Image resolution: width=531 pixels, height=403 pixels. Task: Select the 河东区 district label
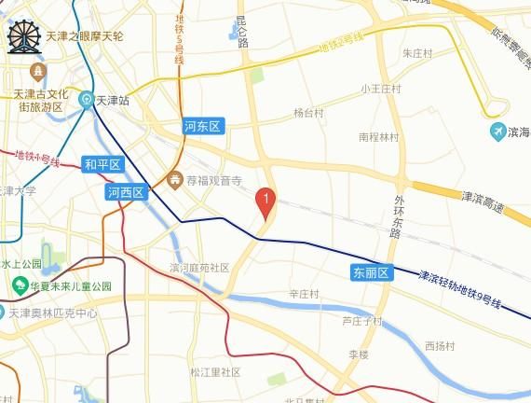point(201,126)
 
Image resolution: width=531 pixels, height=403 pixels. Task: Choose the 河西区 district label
point(126,193)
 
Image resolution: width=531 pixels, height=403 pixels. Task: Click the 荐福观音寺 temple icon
point(173,178)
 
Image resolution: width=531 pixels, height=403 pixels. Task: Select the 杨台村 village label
point(307,114)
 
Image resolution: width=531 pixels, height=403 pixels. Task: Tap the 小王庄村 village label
point(380,90)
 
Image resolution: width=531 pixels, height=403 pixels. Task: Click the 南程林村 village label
point(378,137)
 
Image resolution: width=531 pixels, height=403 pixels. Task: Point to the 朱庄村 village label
point(417,53)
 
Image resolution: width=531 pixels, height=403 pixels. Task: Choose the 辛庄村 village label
point(304,294)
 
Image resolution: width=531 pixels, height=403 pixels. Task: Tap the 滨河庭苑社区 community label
point(199,268)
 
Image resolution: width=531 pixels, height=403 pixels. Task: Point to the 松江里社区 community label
point(215,372)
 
